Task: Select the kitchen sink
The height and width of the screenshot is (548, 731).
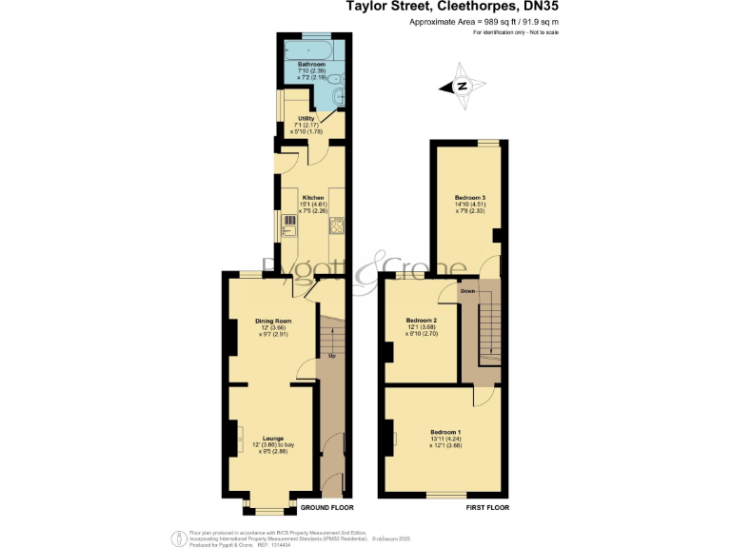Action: click(288, 225)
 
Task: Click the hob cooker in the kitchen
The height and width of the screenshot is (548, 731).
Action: click(336, 225)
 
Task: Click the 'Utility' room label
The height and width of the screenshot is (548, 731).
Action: click(306, 118)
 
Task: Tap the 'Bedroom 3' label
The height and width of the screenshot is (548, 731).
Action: click(470, 197)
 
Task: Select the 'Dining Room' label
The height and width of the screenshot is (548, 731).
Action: click(271, 321)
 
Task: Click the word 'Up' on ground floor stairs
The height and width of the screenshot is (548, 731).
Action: click(331, 356)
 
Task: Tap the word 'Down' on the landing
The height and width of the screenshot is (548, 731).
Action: click(468, 291)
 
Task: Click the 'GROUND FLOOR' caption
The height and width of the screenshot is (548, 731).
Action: click(314, 508)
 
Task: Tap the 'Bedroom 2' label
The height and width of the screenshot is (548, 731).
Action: click(421, 320)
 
